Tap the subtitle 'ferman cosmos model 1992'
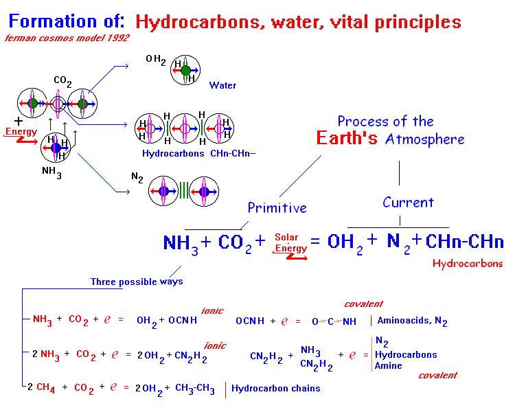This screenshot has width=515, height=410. (67, 38)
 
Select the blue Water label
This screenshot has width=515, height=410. (222, 85)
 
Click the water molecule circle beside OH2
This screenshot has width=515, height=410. (185, 70)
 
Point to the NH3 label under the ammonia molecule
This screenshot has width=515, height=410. (51, 172)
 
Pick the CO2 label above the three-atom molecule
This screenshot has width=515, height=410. (62, 81)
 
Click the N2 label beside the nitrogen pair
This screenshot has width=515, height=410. (137, 177)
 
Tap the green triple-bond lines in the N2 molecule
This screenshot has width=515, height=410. (184, 191)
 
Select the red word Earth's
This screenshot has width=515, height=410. (347, 138)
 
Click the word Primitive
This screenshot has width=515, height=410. (277, 208)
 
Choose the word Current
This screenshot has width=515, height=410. (409, 203)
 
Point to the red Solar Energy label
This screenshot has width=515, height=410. (290, 243)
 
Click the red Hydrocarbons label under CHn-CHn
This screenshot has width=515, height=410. (468, 264)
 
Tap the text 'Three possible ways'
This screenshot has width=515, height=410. (137, 282)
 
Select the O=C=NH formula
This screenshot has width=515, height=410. (334, 321)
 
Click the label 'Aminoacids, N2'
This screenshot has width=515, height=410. (412, 321)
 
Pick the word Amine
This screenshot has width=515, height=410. (388, 365)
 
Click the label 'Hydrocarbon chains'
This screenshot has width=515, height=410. (276, 388)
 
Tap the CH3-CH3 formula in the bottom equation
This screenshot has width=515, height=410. (195, 389)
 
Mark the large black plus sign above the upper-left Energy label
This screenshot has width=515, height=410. (19, 122)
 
